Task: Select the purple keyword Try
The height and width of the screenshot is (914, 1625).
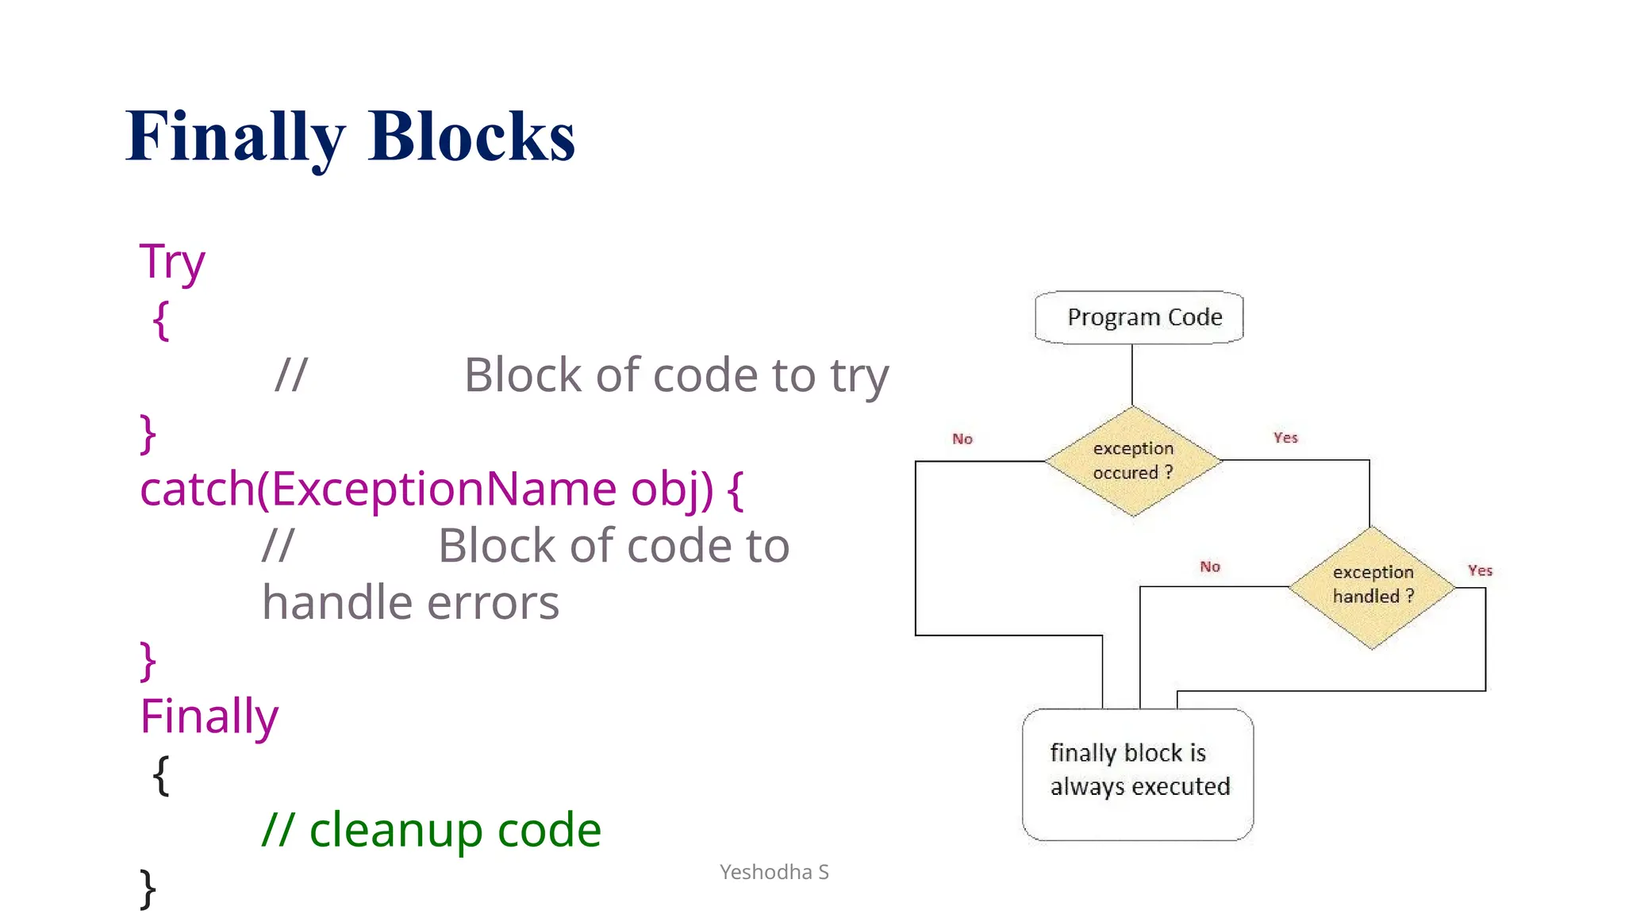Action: tap(172, 262)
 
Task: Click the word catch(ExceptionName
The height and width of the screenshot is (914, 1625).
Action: tap(378, 489)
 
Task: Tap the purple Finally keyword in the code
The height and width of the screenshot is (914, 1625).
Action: tap(209, 716)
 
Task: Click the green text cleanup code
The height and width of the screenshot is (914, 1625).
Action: tap(455, 830)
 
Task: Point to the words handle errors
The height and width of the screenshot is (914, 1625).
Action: tap(410, 603)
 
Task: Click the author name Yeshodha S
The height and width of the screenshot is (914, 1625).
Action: tap(774, 872)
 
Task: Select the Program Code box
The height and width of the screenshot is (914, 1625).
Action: tap(1139, 317)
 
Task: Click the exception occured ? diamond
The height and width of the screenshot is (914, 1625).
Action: tap(1133, 461)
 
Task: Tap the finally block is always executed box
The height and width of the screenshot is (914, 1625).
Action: tap(1138, 774)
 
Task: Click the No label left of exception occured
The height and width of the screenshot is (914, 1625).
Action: tap(962, 439)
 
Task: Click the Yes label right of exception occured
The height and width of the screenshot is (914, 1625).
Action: tap(1285, 437)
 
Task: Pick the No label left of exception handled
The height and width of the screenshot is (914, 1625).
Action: tap(1210, 566)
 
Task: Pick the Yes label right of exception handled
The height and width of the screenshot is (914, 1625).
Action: tap(1480, 570)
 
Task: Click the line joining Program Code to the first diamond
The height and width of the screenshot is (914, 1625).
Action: tap(1132, 374)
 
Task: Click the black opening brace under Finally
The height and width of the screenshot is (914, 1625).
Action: tap(161, 774)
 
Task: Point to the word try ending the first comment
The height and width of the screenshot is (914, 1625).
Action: tap(859, 376)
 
